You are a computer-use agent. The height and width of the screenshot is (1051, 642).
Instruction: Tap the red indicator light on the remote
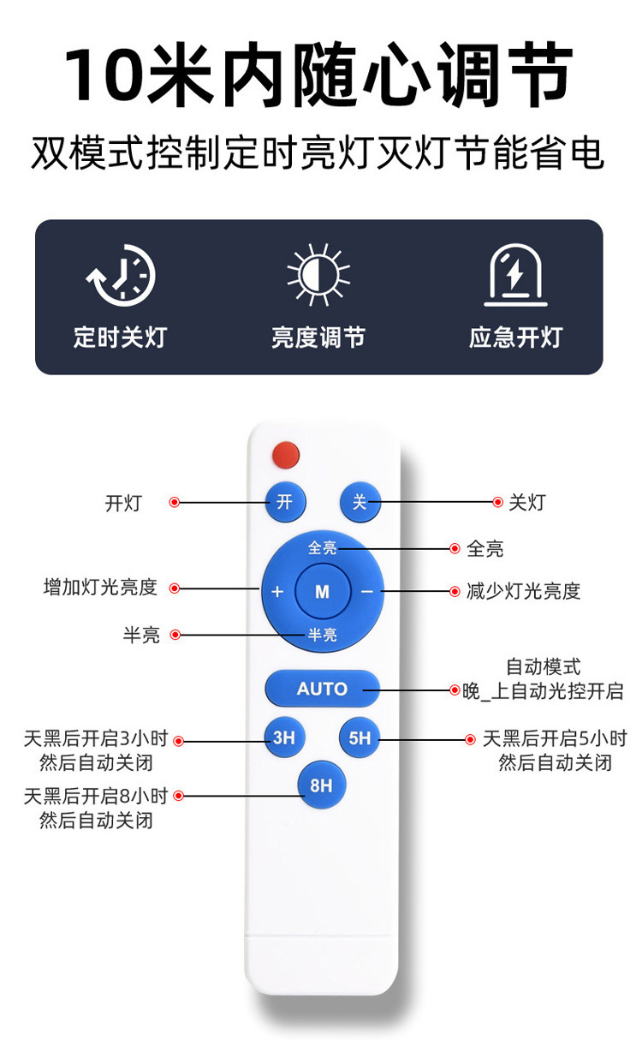click(x=285, y=455)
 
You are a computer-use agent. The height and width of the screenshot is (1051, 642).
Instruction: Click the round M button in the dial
click(x=322, y=591)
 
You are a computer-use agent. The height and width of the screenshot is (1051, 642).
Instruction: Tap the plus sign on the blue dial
click(x=277, y=591)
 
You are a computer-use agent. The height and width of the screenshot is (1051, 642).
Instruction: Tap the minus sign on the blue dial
click(x=367, y=591)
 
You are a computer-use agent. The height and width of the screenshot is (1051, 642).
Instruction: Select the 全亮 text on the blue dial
click(x=323, y=547)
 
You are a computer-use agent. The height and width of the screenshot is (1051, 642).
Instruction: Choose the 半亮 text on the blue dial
click(x=323, y=635)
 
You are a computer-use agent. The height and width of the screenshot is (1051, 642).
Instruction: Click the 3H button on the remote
click(x=284, y=737)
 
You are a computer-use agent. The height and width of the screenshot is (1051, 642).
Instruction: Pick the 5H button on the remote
click(x=360, y=737)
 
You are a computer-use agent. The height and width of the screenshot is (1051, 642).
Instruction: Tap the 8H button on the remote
click(x=321, y=785)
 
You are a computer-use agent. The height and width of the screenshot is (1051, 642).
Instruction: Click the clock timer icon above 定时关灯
click(x=122, y=275)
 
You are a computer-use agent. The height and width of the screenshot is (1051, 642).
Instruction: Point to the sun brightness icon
click(x=318, y=275)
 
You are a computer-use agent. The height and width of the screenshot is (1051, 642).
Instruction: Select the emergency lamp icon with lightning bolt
click(x=515, y=275)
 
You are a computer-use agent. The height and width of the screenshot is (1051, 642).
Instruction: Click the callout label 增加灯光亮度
click(x=100, y=588)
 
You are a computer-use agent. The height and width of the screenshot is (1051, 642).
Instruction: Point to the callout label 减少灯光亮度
click(x=524, y=591)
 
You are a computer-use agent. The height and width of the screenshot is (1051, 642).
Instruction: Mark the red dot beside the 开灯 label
click(x=175, y=503)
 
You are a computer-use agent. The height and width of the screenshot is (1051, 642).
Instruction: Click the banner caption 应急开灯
click(x=515, y=337)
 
